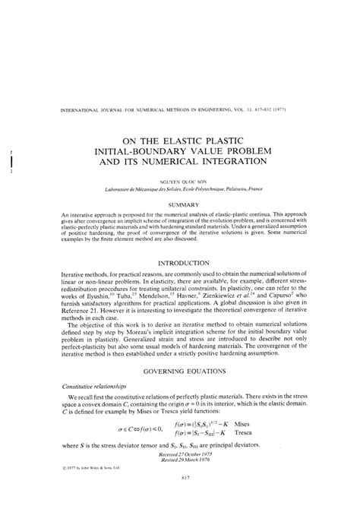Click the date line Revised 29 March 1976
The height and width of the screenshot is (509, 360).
point(185,469)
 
